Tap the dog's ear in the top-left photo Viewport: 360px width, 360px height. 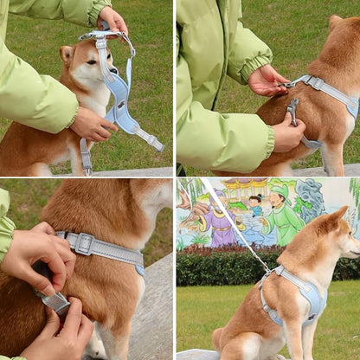pyautogui.click(x=66, y=55)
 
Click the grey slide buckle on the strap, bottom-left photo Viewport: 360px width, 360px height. pyautogui.click(x=84, y=243)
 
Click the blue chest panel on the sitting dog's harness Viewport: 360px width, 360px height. pyautogui.click(x=312, y=299)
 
